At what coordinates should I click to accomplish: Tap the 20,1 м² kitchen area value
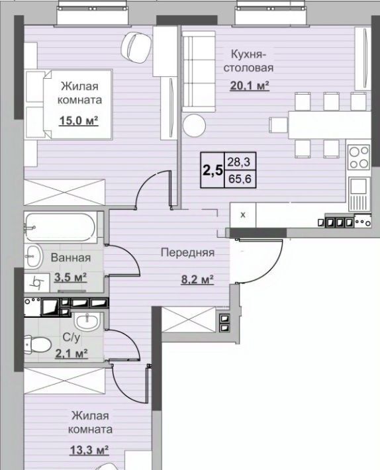(x=250, y=86)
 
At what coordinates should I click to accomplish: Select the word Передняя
(x=187, y=253)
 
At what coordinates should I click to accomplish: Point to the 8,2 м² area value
(x=197, y=279)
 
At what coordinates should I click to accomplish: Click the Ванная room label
(x=71, y=258)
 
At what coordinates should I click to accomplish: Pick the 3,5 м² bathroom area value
(x=70, y=277)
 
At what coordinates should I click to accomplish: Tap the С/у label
(x=71, y=338)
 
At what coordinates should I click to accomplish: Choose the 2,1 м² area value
(x=71, y=353)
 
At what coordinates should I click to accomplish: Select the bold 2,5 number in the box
(x=213, y=171)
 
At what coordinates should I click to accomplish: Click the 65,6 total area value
(x=240, y=179)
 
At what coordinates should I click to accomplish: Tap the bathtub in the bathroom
(x=60, y=227)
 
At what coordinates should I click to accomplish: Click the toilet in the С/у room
(x=37, y=345)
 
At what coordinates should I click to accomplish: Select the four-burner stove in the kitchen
(x=359, y=157)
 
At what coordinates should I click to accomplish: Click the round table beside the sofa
(x=194, y=125)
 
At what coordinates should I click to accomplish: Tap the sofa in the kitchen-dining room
(x=199, y=71)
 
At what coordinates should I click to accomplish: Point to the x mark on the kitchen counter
(x=243, y=214)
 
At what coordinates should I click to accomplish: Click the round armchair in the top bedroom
(x=136, y=48)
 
